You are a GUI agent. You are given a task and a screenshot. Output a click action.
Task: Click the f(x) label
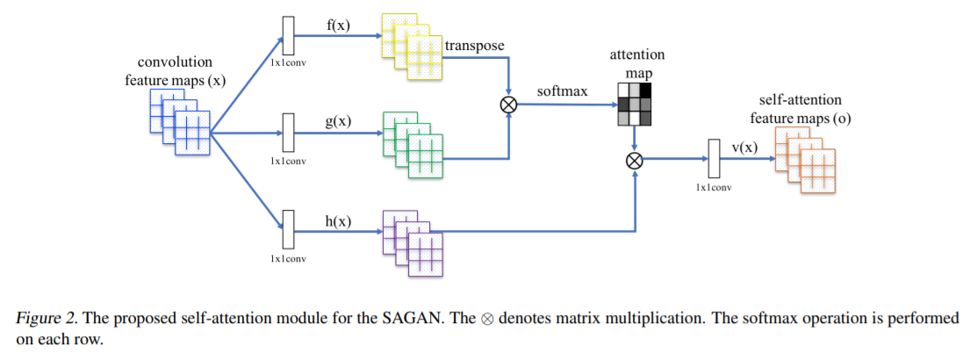338,25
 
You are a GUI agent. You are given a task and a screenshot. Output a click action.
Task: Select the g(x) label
338,121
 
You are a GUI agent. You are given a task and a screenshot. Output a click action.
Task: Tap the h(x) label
338,220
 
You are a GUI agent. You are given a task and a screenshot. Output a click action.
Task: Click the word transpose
474,45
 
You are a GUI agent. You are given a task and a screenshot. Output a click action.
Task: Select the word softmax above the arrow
563,90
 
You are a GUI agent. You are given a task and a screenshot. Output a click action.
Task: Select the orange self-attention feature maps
805,158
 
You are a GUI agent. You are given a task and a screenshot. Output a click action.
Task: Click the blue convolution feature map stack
181,122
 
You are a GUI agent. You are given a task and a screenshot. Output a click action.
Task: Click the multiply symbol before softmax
508,104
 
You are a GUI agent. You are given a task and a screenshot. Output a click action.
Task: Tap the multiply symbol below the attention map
634,160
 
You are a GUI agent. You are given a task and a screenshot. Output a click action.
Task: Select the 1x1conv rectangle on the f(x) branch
286,36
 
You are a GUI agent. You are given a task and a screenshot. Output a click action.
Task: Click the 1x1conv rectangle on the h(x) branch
286,232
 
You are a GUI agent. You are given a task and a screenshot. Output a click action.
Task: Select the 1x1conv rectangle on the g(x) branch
286,133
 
